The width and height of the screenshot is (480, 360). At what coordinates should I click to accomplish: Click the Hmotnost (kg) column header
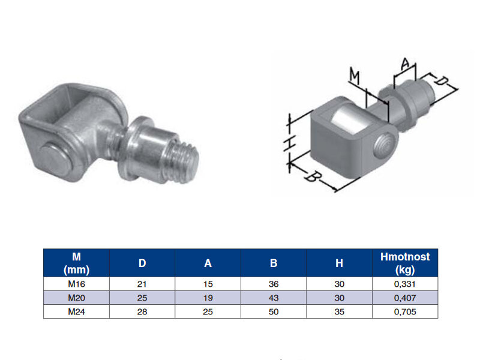tap(404, 263)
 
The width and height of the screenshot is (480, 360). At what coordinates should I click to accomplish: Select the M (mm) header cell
tap(76, 263)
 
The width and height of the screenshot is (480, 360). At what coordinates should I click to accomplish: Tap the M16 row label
tap(76, 284)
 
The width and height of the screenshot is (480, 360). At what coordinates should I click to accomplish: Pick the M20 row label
tap(76, 298)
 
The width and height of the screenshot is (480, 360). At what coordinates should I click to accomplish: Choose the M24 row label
tap(76, 311)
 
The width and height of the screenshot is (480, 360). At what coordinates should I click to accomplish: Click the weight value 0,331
tap(404, 284)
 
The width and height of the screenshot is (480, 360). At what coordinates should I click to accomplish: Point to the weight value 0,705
tap(404, 311)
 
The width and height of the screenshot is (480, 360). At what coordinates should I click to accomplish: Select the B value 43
tap(274, 298)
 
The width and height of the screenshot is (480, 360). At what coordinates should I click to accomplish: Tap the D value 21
tap(142, 284)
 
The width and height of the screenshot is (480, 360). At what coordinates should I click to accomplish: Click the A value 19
tap(208, 298)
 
